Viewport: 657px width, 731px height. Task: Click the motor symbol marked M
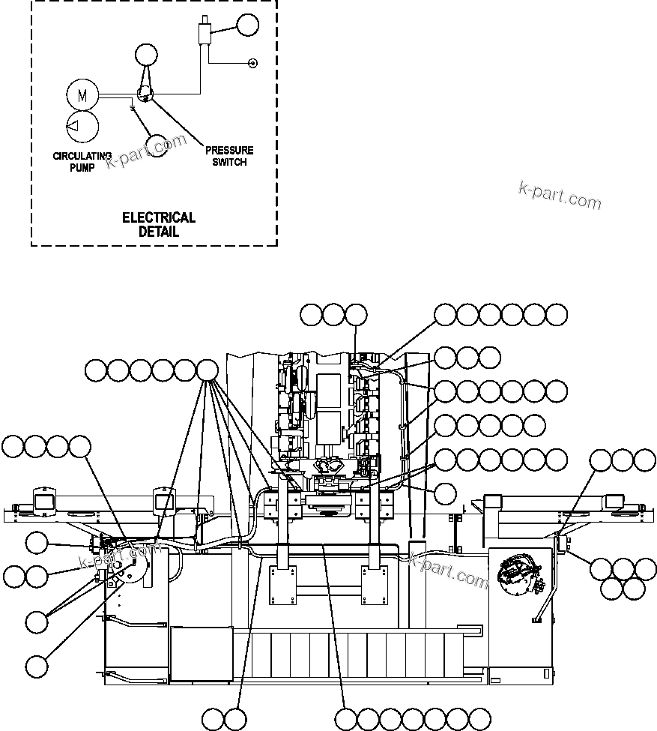[82, 95]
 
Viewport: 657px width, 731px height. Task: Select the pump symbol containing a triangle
[82, 126]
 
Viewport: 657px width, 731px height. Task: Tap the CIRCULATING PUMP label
[82, 161]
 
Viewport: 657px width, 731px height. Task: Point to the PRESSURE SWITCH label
[229, 156]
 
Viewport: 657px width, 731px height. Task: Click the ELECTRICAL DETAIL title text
[159, 224]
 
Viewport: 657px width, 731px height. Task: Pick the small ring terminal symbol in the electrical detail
[252, 63]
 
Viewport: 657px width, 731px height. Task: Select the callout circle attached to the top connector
[246, 25]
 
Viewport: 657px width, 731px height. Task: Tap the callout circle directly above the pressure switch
[147, 55]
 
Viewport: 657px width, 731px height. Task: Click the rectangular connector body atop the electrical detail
[202, 34]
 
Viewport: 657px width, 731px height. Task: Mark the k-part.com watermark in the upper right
[560, 196]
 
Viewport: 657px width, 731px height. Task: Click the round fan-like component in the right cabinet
[518, 571]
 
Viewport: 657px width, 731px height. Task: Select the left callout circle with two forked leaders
[37, 621]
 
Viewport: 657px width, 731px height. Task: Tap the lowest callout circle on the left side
[37, 665]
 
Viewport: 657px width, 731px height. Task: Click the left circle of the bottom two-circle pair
[214, 718]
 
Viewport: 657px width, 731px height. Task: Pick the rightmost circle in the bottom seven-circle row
[479, 718]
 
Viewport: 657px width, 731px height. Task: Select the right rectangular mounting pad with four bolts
[374, 584]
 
